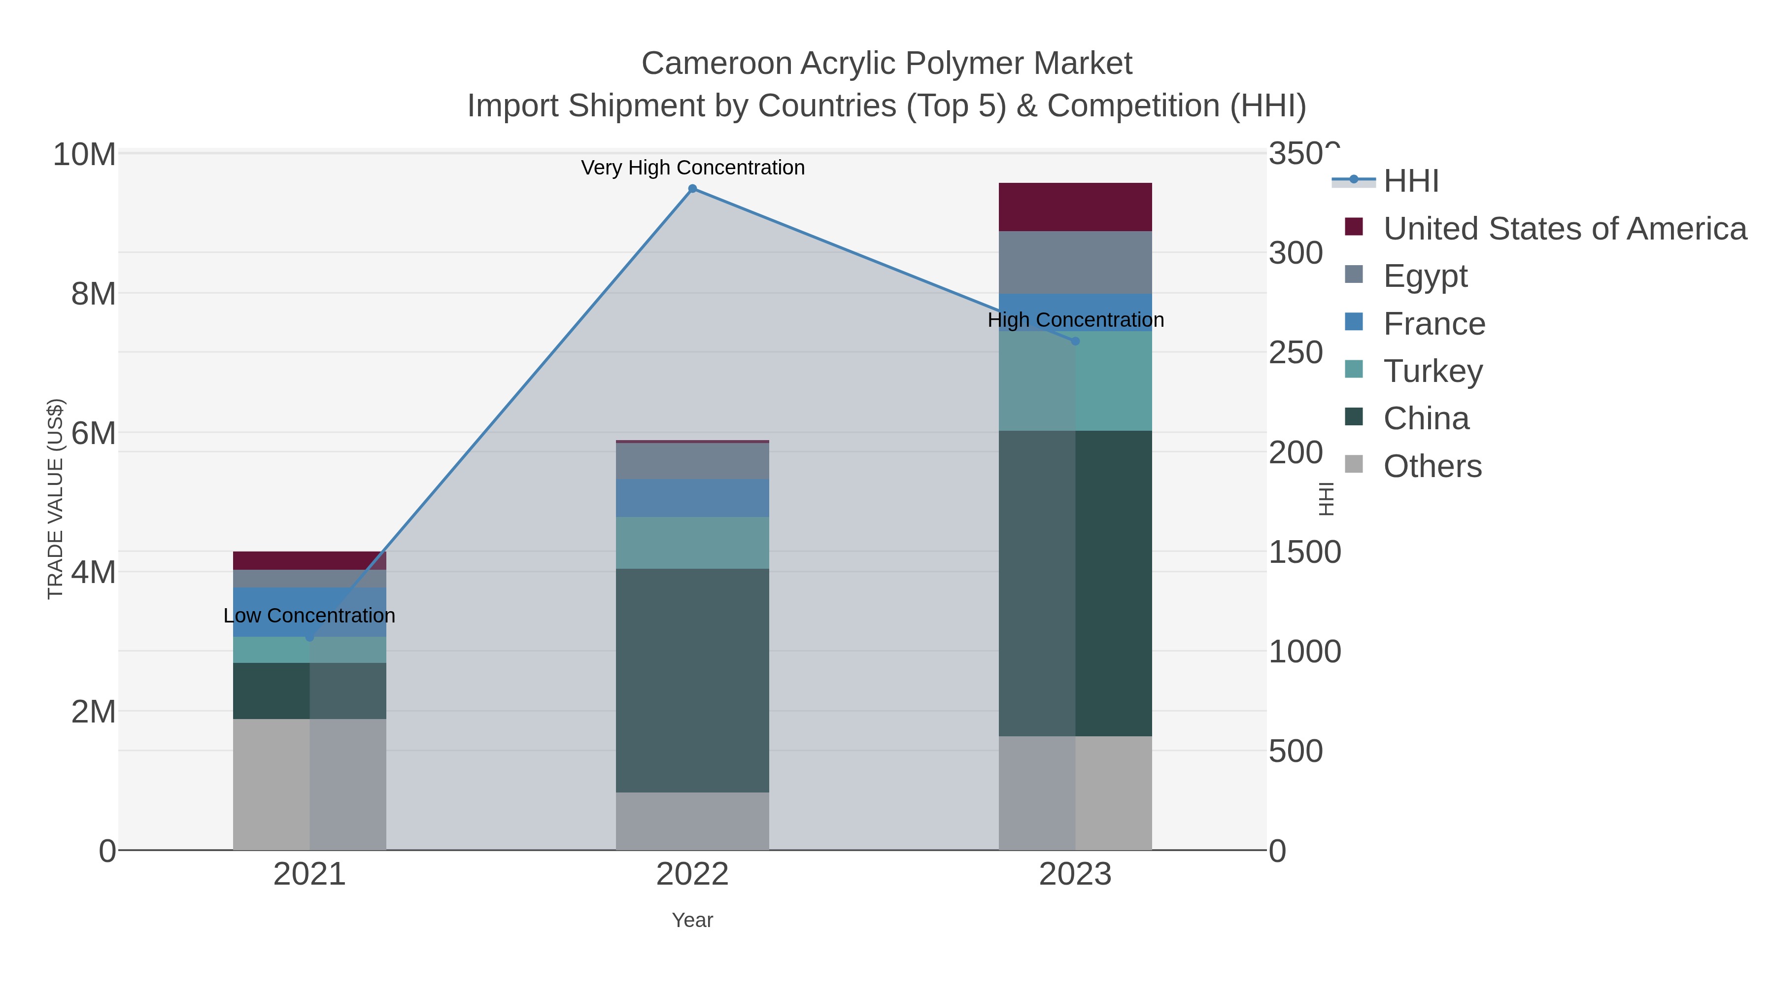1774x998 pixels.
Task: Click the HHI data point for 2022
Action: (692, 189)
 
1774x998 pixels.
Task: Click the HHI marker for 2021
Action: (309, 638)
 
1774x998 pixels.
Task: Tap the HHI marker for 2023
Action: (1075, 341)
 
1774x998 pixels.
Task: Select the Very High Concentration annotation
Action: (692, 168)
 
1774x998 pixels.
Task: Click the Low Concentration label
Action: (309, 616)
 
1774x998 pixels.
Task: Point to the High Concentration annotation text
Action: (1075, 320)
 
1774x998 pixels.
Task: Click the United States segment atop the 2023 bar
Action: (1075, 206)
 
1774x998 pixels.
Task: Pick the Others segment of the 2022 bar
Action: (692, 821)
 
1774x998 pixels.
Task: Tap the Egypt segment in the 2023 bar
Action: (1075, 262)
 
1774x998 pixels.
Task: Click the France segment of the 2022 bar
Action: (692, 498)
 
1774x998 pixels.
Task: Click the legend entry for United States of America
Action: (1563, 229)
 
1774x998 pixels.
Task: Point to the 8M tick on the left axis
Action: (93, 294)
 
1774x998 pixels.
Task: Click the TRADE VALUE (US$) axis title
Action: (55, 499)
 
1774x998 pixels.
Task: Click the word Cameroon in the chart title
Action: (716, 64)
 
